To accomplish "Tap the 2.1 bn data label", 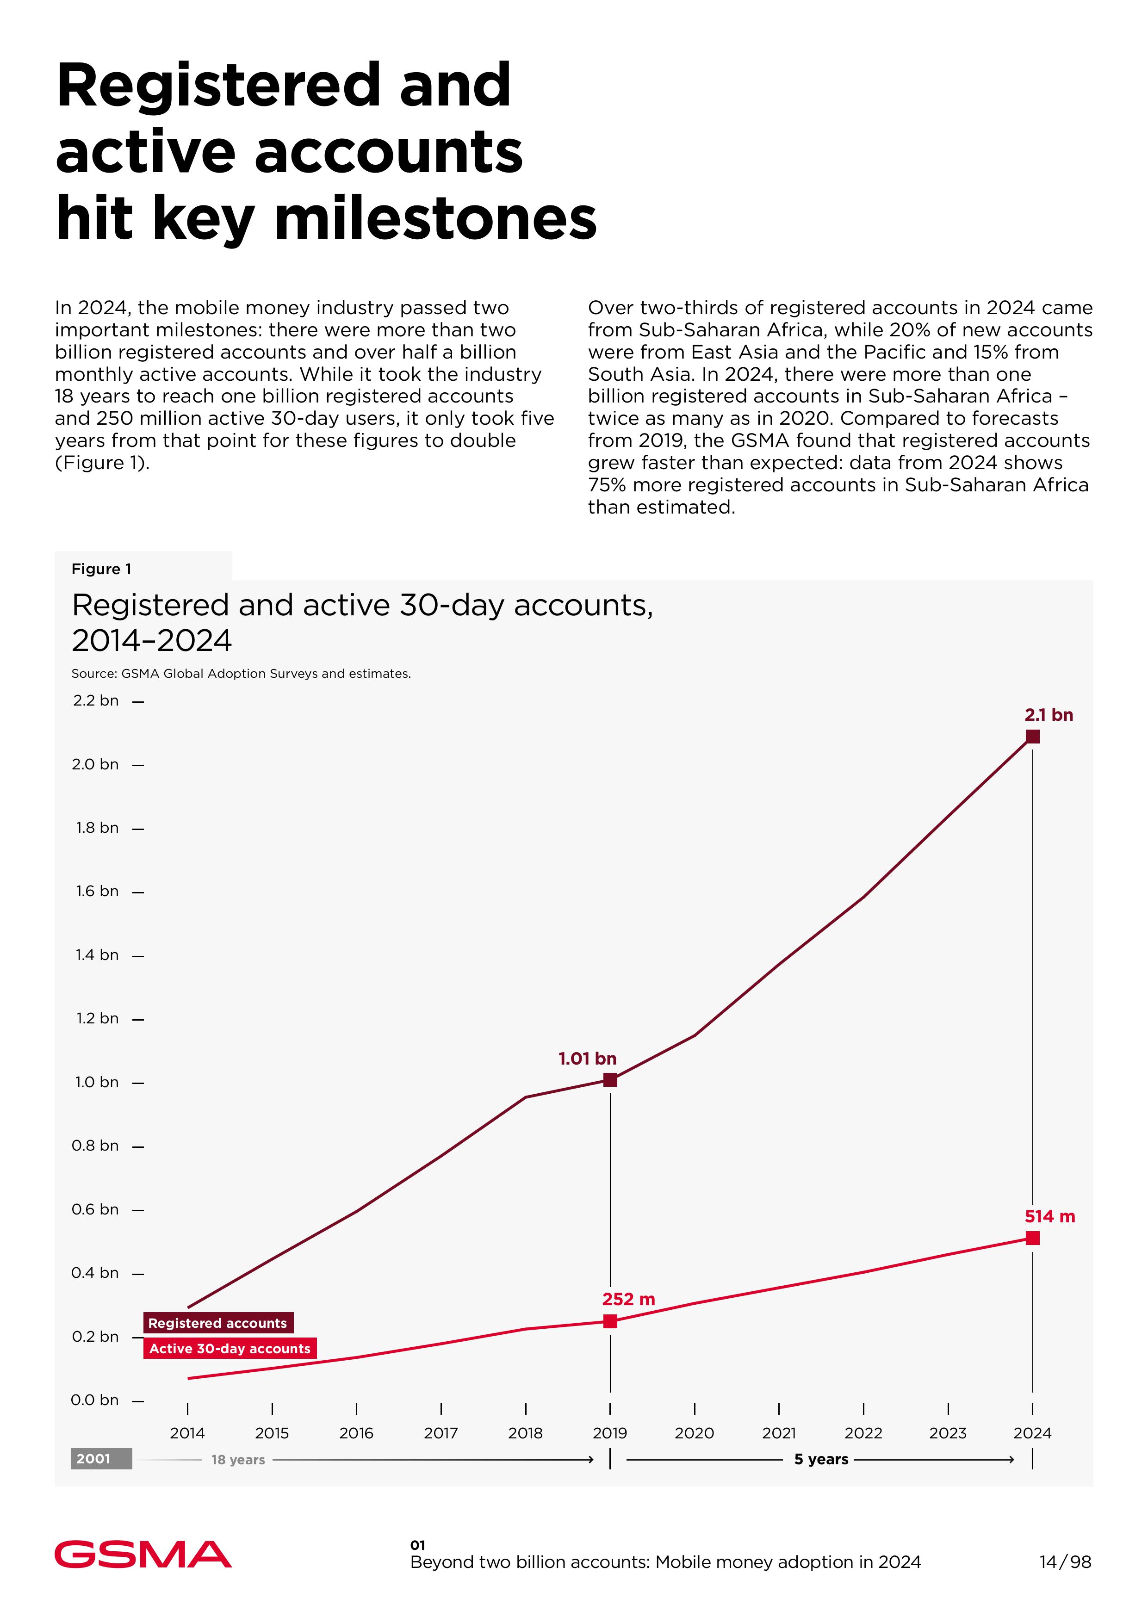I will pos(1049,715).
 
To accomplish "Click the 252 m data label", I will pos(628,1299).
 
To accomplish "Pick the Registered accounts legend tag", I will pos(218,1323).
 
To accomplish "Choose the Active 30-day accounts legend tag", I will pos(230,1348).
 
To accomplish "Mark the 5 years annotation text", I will pos(821,1459).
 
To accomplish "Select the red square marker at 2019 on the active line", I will pos(610,1321).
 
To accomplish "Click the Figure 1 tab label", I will pos(101,569).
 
